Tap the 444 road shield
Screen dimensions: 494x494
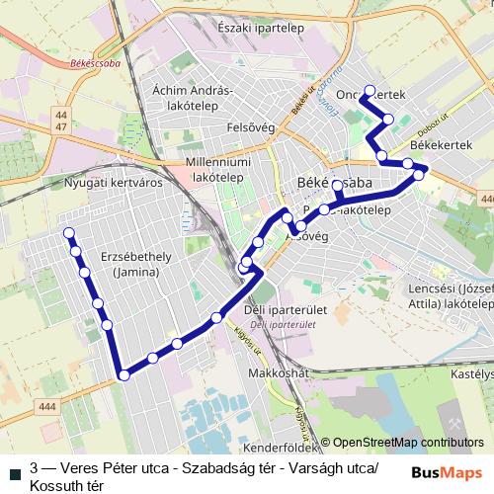pos(45,406)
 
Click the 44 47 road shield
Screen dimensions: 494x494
pos(62,121)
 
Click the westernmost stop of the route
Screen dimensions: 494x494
pos(69,233)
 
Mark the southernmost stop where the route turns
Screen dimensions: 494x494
pos(123,374)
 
